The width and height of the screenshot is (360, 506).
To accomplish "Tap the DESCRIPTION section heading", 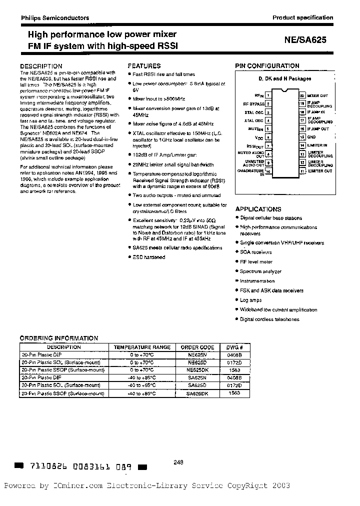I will click(41, 66).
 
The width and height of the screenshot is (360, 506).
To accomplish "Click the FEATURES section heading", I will click(144, 66).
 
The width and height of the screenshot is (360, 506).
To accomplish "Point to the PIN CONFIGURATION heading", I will click(267, 66).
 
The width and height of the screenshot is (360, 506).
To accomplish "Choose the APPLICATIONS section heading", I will click(258, 209).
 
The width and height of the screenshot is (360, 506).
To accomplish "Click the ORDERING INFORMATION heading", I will click(59, 338).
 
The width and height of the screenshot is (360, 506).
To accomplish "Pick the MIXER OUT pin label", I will click(317, 95).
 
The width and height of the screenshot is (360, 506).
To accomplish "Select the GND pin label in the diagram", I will click(311, 136).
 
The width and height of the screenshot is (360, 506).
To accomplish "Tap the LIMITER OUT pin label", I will click(319, 171).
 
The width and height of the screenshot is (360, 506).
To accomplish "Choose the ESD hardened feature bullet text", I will click(149, 257).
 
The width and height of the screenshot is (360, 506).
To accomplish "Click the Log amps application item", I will click(250, 300).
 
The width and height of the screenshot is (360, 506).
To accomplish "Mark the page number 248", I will click(178, 462).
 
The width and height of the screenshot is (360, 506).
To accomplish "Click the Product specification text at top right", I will click(302, 17).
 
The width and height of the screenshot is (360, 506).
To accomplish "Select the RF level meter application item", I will click(256, 261).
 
